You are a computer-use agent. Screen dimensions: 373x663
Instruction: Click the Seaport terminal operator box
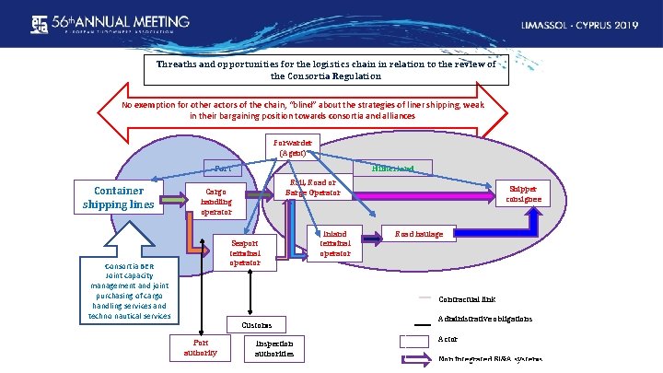tap(245, 252)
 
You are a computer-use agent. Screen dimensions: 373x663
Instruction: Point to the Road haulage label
tap(418, 235)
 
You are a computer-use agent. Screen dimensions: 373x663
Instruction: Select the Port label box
tap(223, 169)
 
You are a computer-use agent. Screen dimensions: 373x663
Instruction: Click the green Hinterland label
tap(392, 169)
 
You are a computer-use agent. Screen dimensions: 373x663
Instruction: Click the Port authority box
tap(195, 346)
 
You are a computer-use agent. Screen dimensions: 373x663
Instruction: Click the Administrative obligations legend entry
tap(484, 320)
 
